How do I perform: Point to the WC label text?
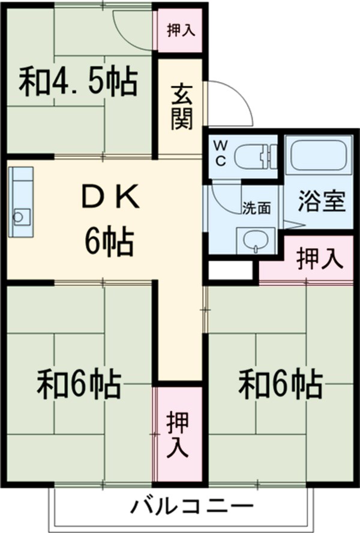point(220,153)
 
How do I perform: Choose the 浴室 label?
point(322,202)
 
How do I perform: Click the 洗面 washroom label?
point(256,208)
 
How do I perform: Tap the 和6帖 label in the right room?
point(281,383)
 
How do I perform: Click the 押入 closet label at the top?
point(181,30)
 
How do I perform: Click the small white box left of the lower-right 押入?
point(230,270)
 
